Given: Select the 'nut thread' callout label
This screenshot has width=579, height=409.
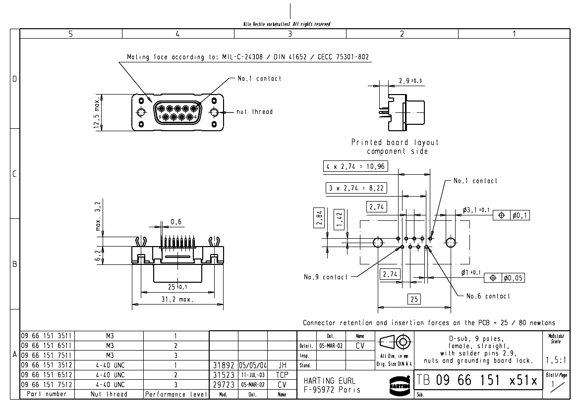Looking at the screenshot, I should coord(254,112).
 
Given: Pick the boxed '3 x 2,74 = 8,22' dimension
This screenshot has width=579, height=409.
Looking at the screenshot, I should coord(357,188).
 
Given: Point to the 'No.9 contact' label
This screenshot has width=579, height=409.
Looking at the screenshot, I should coord(326,277).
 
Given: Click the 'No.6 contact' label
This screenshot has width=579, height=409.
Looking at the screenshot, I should coord(488,296).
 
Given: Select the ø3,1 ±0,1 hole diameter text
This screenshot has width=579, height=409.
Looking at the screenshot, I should coord(475,210).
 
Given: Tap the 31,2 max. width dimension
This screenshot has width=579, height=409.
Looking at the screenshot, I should coord(176,300).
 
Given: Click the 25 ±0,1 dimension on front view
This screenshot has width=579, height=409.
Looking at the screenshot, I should coord(176,286).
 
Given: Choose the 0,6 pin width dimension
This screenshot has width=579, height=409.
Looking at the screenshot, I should coord(175,221).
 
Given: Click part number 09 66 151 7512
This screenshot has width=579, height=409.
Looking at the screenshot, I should coord(46,384).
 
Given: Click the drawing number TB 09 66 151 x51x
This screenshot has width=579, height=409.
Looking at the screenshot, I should coord(477,381).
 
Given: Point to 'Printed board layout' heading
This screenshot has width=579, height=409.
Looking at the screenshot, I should coord(395,143).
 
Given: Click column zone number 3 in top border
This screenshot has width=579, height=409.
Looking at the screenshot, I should coord(289,34).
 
